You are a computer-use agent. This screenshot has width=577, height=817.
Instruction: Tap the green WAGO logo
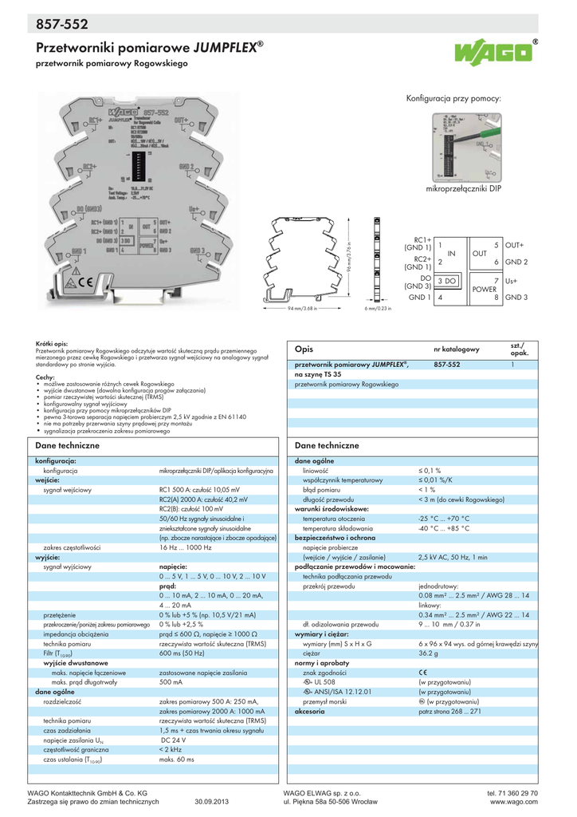494,54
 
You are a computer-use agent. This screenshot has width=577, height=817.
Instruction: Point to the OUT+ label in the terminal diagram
516,245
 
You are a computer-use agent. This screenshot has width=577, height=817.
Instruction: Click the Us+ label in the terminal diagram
511,282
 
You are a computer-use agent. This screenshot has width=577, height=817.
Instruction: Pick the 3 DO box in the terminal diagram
447,282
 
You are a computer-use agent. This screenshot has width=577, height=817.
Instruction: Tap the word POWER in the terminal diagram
485,290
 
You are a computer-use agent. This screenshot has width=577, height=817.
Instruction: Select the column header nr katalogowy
456,349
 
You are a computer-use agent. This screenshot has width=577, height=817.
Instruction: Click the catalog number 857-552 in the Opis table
447,364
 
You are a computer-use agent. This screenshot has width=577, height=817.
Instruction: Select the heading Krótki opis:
52,341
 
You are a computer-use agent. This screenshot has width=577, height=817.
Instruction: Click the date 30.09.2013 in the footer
211,801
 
